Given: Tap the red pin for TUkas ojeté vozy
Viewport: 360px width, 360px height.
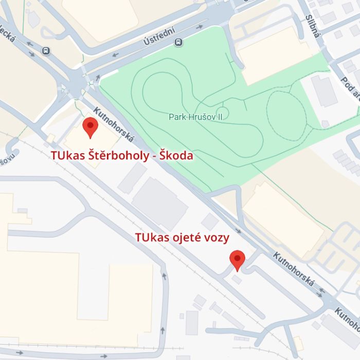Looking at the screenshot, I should click(x=237, y=260).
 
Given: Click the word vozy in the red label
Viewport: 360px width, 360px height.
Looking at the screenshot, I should click(x=217, y=238).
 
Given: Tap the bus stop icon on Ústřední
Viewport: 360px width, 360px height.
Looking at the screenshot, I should click(x=178, y=42).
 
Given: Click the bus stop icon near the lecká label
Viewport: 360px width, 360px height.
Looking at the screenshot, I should click(x=46, y=50).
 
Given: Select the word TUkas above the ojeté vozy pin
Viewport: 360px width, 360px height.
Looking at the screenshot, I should click(x=152, y=238).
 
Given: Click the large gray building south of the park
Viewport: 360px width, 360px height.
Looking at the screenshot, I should click(x=160, y=204).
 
